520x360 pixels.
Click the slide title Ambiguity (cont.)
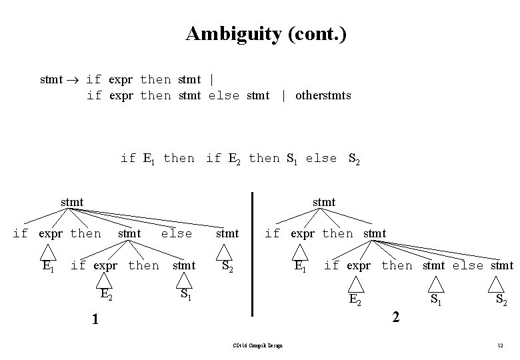tap(266, 33)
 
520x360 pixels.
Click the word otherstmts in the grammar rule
tap(323, 95)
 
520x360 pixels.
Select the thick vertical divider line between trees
tap(253, 253)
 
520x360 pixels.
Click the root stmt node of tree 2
tap(324, 201)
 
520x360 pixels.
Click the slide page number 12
tap(499, 345)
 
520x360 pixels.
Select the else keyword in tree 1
tap(176, 233)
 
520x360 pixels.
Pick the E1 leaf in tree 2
tap(301, 266)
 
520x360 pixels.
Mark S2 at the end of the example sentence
tap(355, 159)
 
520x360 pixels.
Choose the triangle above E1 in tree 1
tap(47, 252)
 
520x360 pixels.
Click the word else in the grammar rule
tap(223, 95)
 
